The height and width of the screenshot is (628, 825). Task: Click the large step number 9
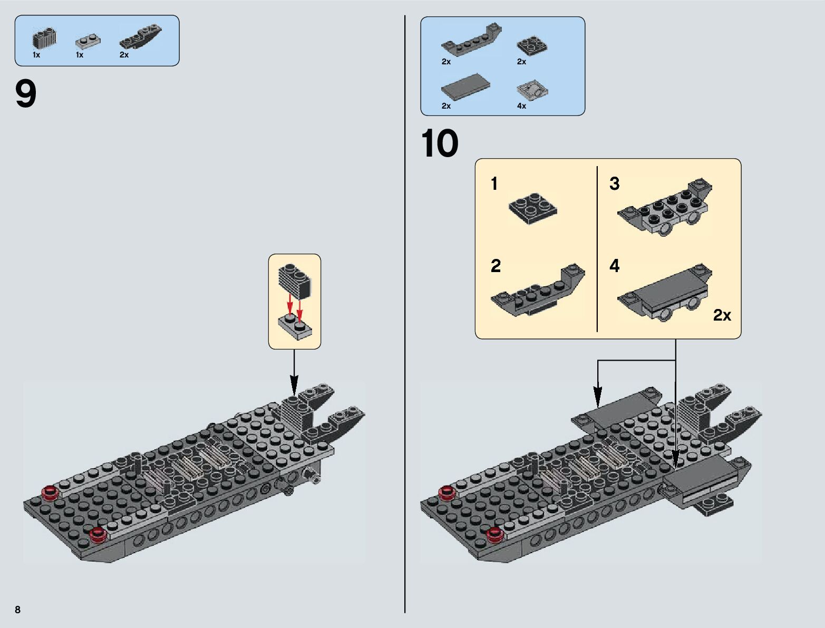click(26, 94)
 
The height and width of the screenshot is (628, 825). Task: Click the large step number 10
click(440, 143)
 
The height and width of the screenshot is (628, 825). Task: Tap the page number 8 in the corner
click(18, 610)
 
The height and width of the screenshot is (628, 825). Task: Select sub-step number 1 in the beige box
click(494, 184)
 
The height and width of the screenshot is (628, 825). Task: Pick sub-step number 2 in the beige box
click(496, 266)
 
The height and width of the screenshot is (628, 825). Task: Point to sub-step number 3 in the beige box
click(614, 184)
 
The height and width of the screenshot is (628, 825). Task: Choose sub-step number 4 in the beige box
click(614, 266)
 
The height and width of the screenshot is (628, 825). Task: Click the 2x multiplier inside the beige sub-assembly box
click(722, 315)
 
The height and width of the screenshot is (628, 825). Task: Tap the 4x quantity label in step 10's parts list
click(521, 106)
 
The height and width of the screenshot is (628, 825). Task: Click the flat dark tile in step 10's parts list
click(465, 86)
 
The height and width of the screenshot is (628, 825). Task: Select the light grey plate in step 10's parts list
click(533, 91)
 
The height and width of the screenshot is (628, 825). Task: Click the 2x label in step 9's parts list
click(124, 55)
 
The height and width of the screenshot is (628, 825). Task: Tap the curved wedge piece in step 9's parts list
click(141, 37)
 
